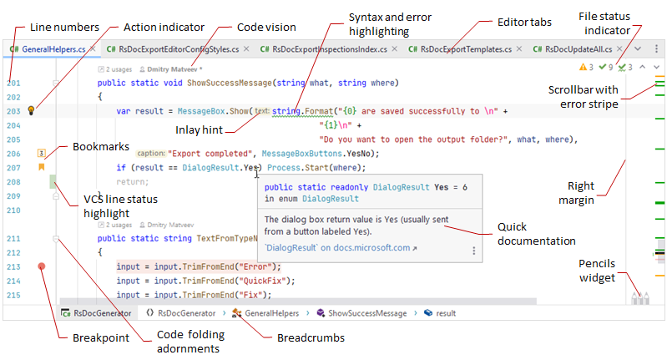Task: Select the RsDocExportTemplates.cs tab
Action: tap(460, 50)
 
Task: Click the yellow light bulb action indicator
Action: tap(32, 110)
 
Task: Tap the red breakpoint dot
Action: tap(41, 267)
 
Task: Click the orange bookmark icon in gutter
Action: tap(40, 167)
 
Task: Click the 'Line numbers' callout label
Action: tap(63, 27)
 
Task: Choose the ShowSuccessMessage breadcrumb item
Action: tap(367, 313)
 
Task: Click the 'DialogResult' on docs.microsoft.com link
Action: tap(337, 248)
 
